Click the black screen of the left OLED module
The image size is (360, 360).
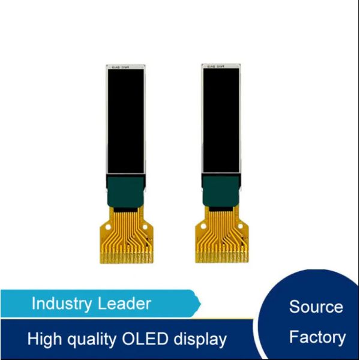tap(125, 120)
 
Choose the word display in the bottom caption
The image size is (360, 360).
tap(202, 340)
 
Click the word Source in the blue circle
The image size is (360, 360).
tap(316, 307)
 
